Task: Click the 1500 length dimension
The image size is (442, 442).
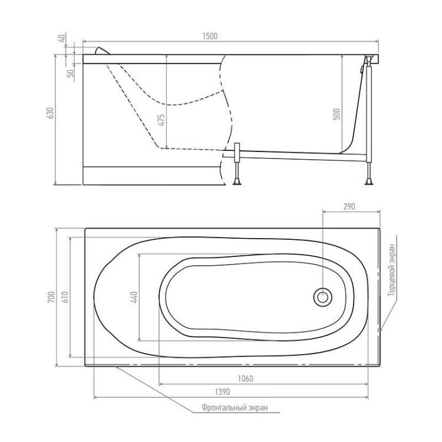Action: click(x=210, y=37)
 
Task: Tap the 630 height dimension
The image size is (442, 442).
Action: click(x=50, y=113)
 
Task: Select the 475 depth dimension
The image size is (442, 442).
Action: click(x=161, y=120)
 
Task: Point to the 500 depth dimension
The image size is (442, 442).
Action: click(x=337, y=114)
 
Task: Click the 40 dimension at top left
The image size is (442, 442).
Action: click(x=62, y=38)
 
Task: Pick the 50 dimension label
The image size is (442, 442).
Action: click(x=71, y=73)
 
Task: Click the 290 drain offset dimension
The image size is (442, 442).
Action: click(x=349, y=207)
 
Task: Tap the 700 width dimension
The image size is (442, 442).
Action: click(x=51, y=297)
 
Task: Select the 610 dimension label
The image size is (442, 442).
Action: click(x=65, y=297)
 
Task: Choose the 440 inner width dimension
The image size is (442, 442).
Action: click(x=134, y=297)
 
